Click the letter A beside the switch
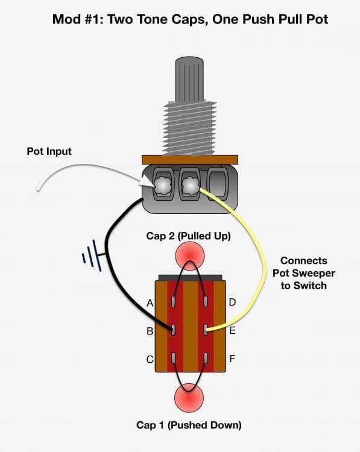click(x=150, y=303)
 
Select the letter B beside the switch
click(x=150, y=331)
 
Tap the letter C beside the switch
click(x=150, y=359)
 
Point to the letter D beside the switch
click(x=232, y=303)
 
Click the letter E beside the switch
click(x=232, y=331)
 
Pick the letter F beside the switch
click(x=232, y=359)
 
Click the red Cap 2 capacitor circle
click(x=190, y=256)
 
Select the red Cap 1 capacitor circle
click(x=189, y=398)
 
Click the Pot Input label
click(x=49, y=151)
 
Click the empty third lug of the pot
click(x=218, y=184)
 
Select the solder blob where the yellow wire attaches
click(x=189, y=185)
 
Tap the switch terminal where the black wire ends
click(x=173, y=330)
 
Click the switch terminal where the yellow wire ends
click(x=205, y=330)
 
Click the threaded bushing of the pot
click(x=190, y=127)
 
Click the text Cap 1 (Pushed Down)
click(x=189, y=425)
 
